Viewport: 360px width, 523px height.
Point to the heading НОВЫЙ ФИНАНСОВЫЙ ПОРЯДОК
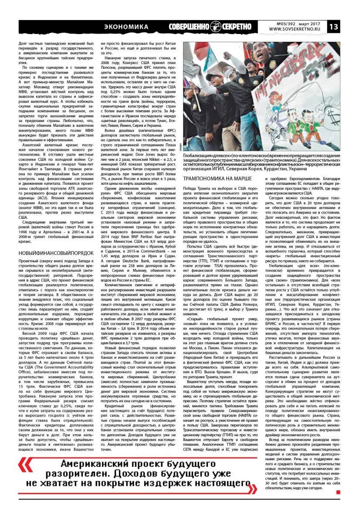(56, 252)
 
